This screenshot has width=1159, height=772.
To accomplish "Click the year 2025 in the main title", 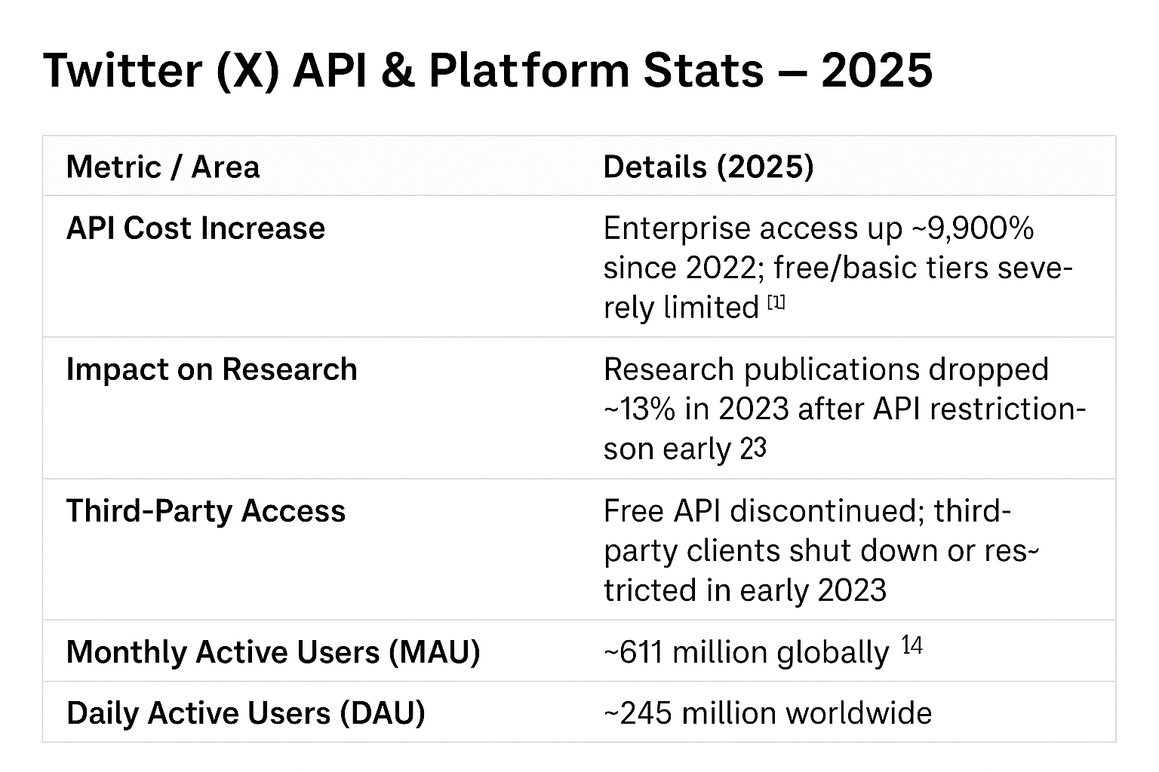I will point(877,70).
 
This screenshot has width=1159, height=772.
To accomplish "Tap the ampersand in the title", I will point(401,70).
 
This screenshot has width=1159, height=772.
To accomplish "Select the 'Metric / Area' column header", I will point(163,167).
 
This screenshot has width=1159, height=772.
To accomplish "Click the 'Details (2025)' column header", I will point(709,167).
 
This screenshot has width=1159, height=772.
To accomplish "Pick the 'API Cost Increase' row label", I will point(195,228).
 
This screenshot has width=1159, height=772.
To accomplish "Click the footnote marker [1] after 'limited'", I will point(776,303).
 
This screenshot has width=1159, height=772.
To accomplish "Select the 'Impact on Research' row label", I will point(211,369).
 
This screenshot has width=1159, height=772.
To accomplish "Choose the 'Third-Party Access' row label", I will point(205,510).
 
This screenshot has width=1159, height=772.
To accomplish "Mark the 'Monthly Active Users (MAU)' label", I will point(273,651).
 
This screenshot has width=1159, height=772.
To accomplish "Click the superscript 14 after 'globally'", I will point(912,645).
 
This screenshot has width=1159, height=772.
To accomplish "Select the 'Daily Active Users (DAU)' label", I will point(245,712).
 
